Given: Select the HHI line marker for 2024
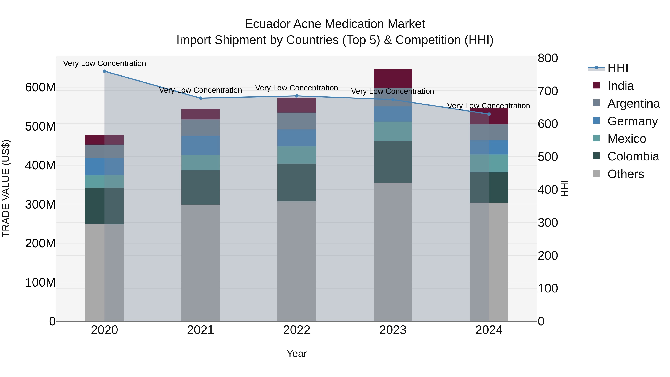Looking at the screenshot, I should pyautogui.click(x=489, y=114).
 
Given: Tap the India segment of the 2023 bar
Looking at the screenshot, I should pyautogui.click(x=393, y=79).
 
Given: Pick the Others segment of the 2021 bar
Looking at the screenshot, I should pyautogui.click(x=200, y=263).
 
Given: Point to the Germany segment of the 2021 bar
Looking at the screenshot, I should pyautogui.click(x=200, y=145).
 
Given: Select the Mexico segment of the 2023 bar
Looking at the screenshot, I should pyautogui.click(x=393, y=131).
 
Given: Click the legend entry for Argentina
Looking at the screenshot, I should pyautogui.click(x=633, y=104).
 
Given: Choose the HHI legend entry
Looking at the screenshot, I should pyautogui.click(x=618, y=68).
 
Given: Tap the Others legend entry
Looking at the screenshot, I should pyautogui.click(x=626, y=174).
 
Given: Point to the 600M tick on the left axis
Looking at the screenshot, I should pyautogui.click(x=40, y=88).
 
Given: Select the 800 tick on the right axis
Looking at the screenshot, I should pyautogui.click(x=548, y=58).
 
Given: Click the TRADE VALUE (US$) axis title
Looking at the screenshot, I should pyautogui.click(x=6, y=188).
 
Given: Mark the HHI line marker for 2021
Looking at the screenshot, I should pyautogui.click(x=200, y=98).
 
